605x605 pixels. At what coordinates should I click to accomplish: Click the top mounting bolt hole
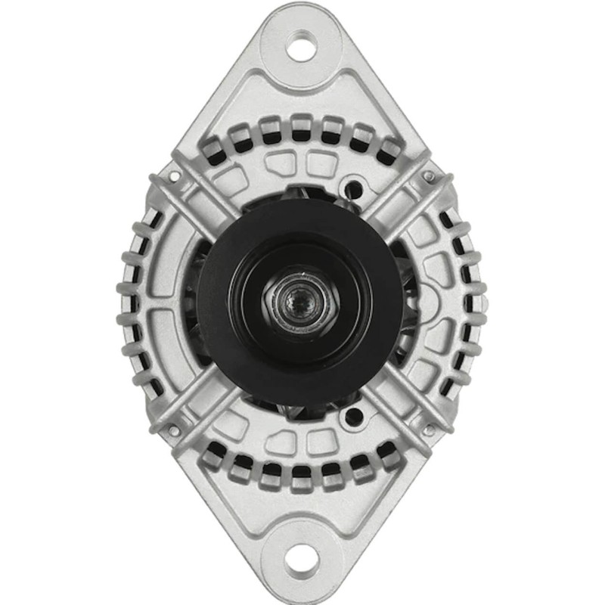click(302, 48)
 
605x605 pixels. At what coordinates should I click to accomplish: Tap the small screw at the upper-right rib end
click(429, 176)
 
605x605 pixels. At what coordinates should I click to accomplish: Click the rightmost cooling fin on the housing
click(478, 302)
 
